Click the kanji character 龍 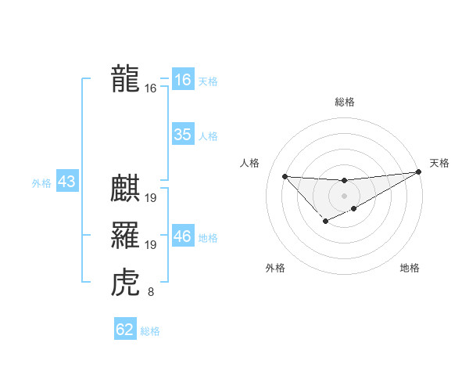point(125,80)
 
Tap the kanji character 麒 point(125,190)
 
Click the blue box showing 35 point(182,135)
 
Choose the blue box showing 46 point(182,236)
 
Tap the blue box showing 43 point(66,182)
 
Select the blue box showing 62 point(125,330)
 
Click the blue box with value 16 point(182,80)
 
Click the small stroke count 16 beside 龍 point(151,89)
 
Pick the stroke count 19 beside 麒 point(151,199)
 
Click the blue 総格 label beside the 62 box point(150,331)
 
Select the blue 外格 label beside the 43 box point(41,183)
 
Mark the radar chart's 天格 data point point(419,173)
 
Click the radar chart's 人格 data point point(285,176)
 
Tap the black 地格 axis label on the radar point(410,268)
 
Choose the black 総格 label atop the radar point(344,102)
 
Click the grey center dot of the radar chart point(344,194)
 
